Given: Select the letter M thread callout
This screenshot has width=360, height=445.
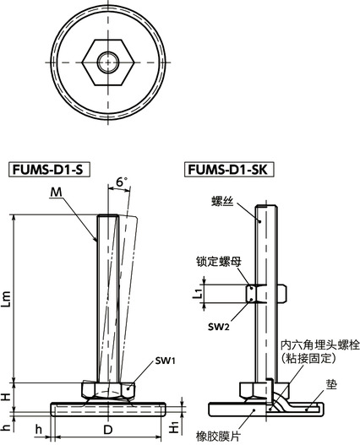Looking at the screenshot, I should [x=57, y=193].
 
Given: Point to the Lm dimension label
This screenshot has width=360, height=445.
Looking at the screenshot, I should [x=8, y=299].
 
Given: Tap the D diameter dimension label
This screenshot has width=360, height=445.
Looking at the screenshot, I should [x=106, y=431].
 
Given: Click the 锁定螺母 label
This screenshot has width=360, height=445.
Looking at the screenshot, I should [x=220, y=263].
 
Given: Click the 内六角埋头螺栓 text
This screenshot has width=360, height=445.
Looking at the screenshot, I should [x=317, y=345].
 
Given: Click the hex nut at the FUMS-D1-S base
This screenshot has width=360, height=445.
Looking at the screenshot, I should [x=106, y=390].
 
